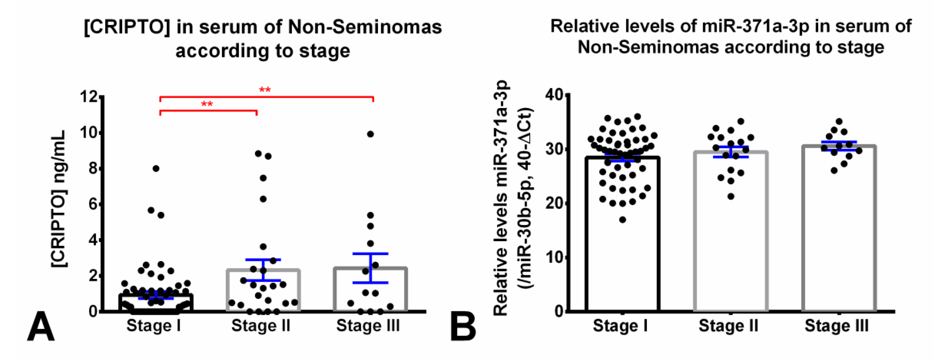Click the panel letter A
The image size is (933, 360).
pos(40,327)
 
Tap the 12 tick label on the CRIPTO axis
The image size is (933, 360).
pos(89,97)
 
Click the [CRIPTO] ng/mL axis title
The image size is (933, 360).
pos(59,199)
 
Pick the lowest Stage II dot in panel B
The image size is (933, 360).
pos(731,197)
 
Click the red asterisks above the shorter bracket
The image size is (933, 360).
pos(207,104)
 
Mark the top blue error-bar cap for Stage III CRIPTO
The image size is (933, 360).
pos(370,253)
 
